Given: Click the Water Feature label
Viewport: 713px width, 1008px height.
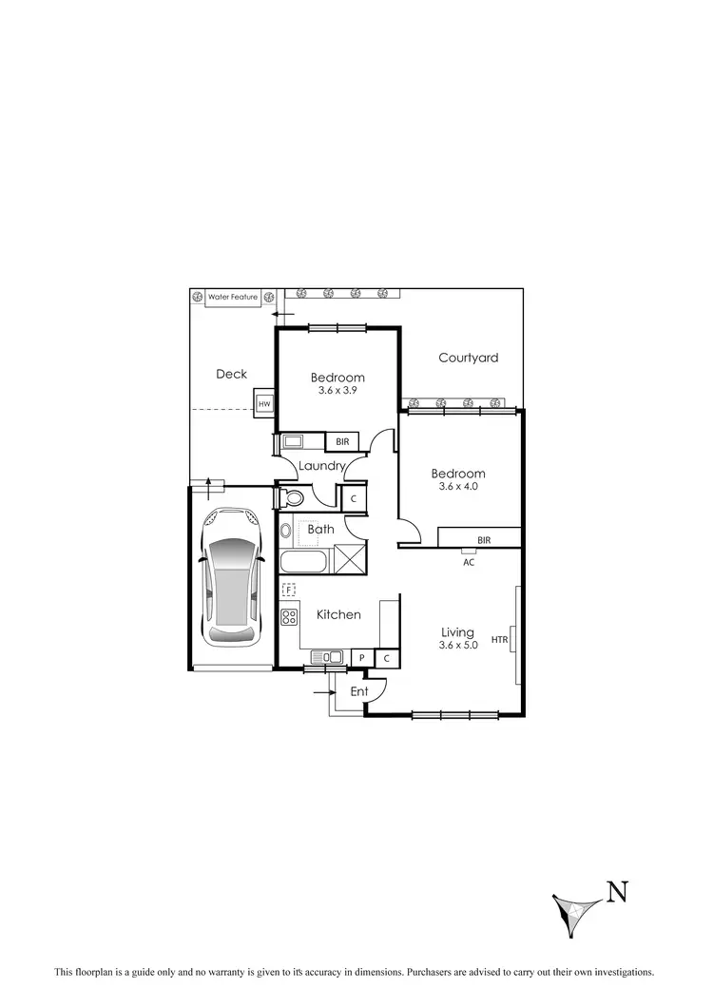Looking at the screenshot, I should coord(233,298).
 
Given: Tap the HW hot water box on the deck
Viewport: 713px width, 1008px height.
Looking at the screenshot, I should coord(264,403).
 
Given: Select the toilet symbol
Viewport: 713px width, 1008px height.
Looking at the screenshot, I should coord(291,497).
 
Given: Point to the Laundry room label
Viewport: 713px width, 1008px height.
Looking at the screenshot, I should coord(320,467).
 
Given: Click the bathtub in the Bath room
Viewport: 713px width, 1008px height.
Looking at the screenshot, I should coord(303,561).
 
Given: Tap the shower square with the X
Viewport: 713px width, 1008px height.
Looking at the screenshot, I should coord(348,560).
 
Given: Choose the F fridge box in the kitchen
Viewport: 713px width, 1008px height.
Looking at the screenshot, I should coord(289,591).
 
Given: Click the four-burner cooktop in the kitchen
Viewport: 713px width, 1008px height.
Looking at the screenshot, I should coord(289,617).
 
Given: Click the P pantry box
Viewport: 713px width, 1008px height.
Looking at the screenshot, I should coord(362,657).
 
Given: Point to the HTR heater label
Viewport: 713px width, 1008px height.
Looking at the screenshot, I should coord(499,640).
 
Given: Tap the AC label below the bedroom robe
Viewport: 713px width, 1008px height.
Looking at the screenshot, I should coord(468,561).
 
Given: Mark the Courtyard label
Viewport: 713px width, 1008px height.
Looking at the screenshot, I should coord(468,359).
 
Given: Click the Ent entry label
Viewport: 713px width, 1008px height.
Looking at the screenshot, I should coord(359,691).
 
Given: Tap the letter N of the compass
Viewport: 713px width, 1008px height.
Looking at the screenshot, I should coord(618,891).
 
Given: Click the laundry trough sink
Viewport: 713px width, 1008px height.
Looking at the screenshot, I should coord(293,441).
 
